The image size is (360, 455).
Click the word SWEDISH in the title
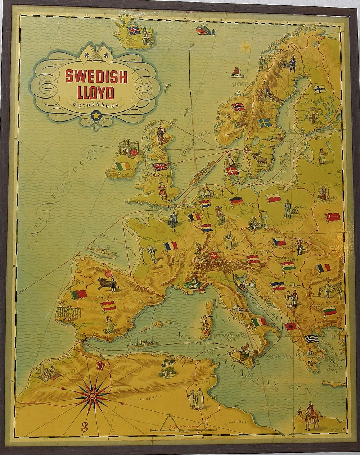tap(96, 76)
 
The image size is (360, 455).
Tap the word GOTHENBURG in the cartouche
tap(96, 105)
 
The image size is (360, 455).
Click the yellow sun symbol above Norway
tap(246, 47)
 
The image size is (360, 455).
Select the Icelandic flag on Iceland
tap(134, 30)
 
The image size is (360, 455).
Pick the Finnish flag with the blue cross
tap(319, 89)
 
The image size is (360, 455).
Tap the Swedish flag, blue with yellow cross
tap(265, 123)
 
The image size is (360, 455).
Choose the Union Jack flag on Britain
tap(161, 167)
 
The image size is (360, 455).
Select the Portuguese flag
tap(79, 295)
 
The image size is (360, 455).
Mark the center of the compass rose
tap(92, 396)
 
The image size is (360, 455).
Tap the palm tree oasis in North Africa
tap(168, 368)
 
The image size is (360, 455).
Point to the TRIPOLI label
tap(237, 422)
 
